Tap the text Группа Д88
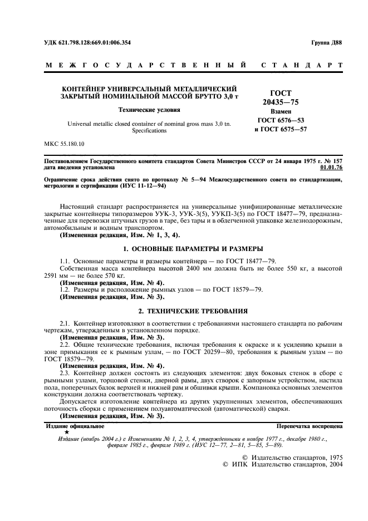click(x=324, y=42)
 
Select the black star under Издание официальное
click(x=67, y=432)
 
